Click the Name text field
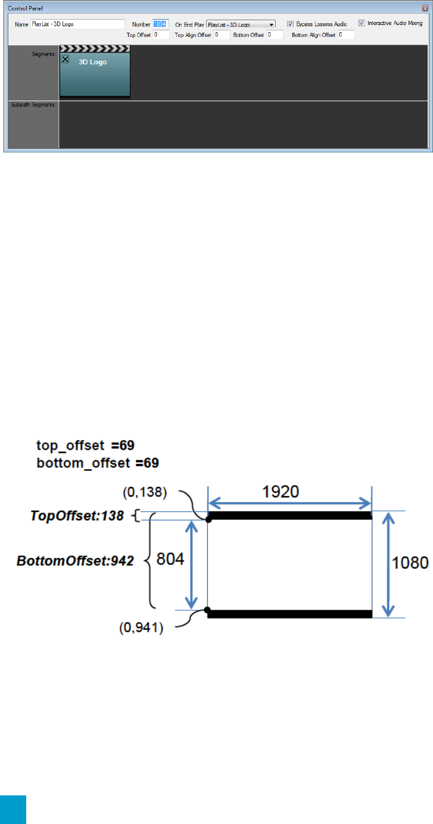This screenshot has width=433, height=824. [x=77, y=24]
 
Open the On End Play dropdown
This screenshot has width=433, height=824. [x=241, y=24]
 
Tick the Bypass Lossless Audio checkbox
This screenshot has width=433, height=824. [x=290, y=24]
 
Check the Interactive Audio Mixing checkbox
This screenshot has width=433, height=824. [x=362, y=23]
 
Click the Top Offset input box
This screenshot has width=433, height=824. [x=161, y=35]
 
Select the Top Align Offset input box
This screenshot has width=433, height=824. [x=222, y=35]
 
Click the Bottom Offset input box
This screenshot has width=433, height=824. [x=275, y=35]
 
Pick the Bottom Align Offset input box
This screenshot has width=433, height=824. [x=345, y=35]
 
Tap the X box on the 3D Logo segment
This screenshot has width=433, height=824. [x=66, y=59]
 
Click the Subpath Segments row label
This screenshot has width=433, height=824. [x=33, y=105]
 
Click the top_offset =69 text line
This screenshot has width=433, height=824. [x=89, y=445]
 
